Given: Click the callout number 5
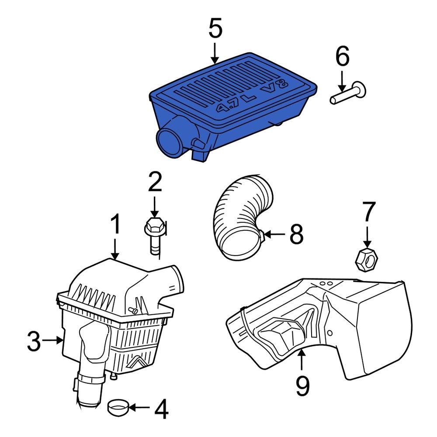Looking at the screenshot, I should (x=215, y=29).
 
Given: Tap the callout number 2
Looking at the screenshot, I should (x=154, y=183).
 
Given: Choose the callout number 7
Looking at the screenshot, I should (x=368, y=213).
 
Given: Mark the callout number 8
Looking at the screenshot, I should (x=296, y=235).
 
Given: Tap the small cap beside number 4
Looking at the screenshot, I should (x=118, y=407).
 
